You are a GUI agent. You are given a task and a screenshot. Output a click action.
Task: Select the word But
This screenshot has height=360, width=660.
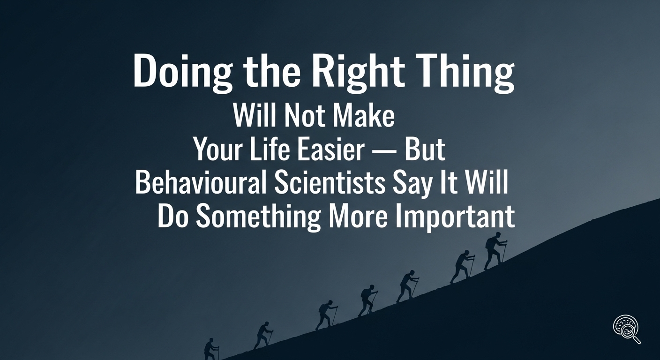(425, 150)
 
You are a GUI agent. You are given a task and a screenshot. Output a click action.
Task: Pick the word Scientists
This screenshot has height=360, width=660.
(328, 184)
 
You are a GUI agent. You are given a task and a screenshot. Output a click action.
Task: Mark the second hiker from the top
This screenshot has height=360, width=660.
(462, 266)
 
